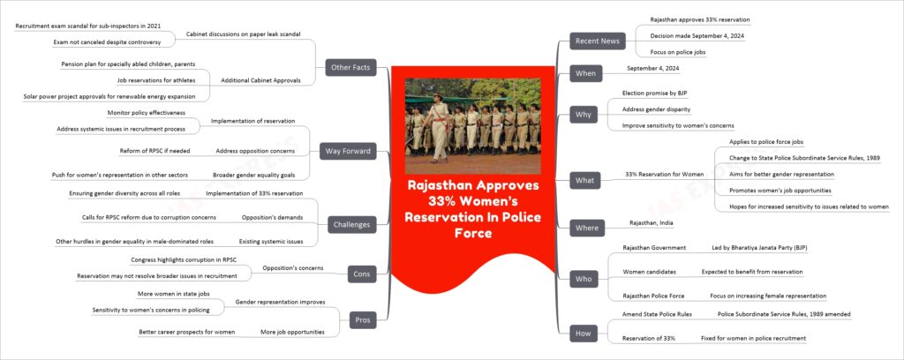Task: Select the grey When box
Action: pos(583,73)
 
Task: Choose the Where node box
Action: pos(584,229)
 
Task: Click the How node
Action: pos(583,333)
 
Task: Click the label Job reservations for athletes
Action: pos(155,80)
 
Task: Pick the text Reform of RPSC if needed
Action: pos(154,151)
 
